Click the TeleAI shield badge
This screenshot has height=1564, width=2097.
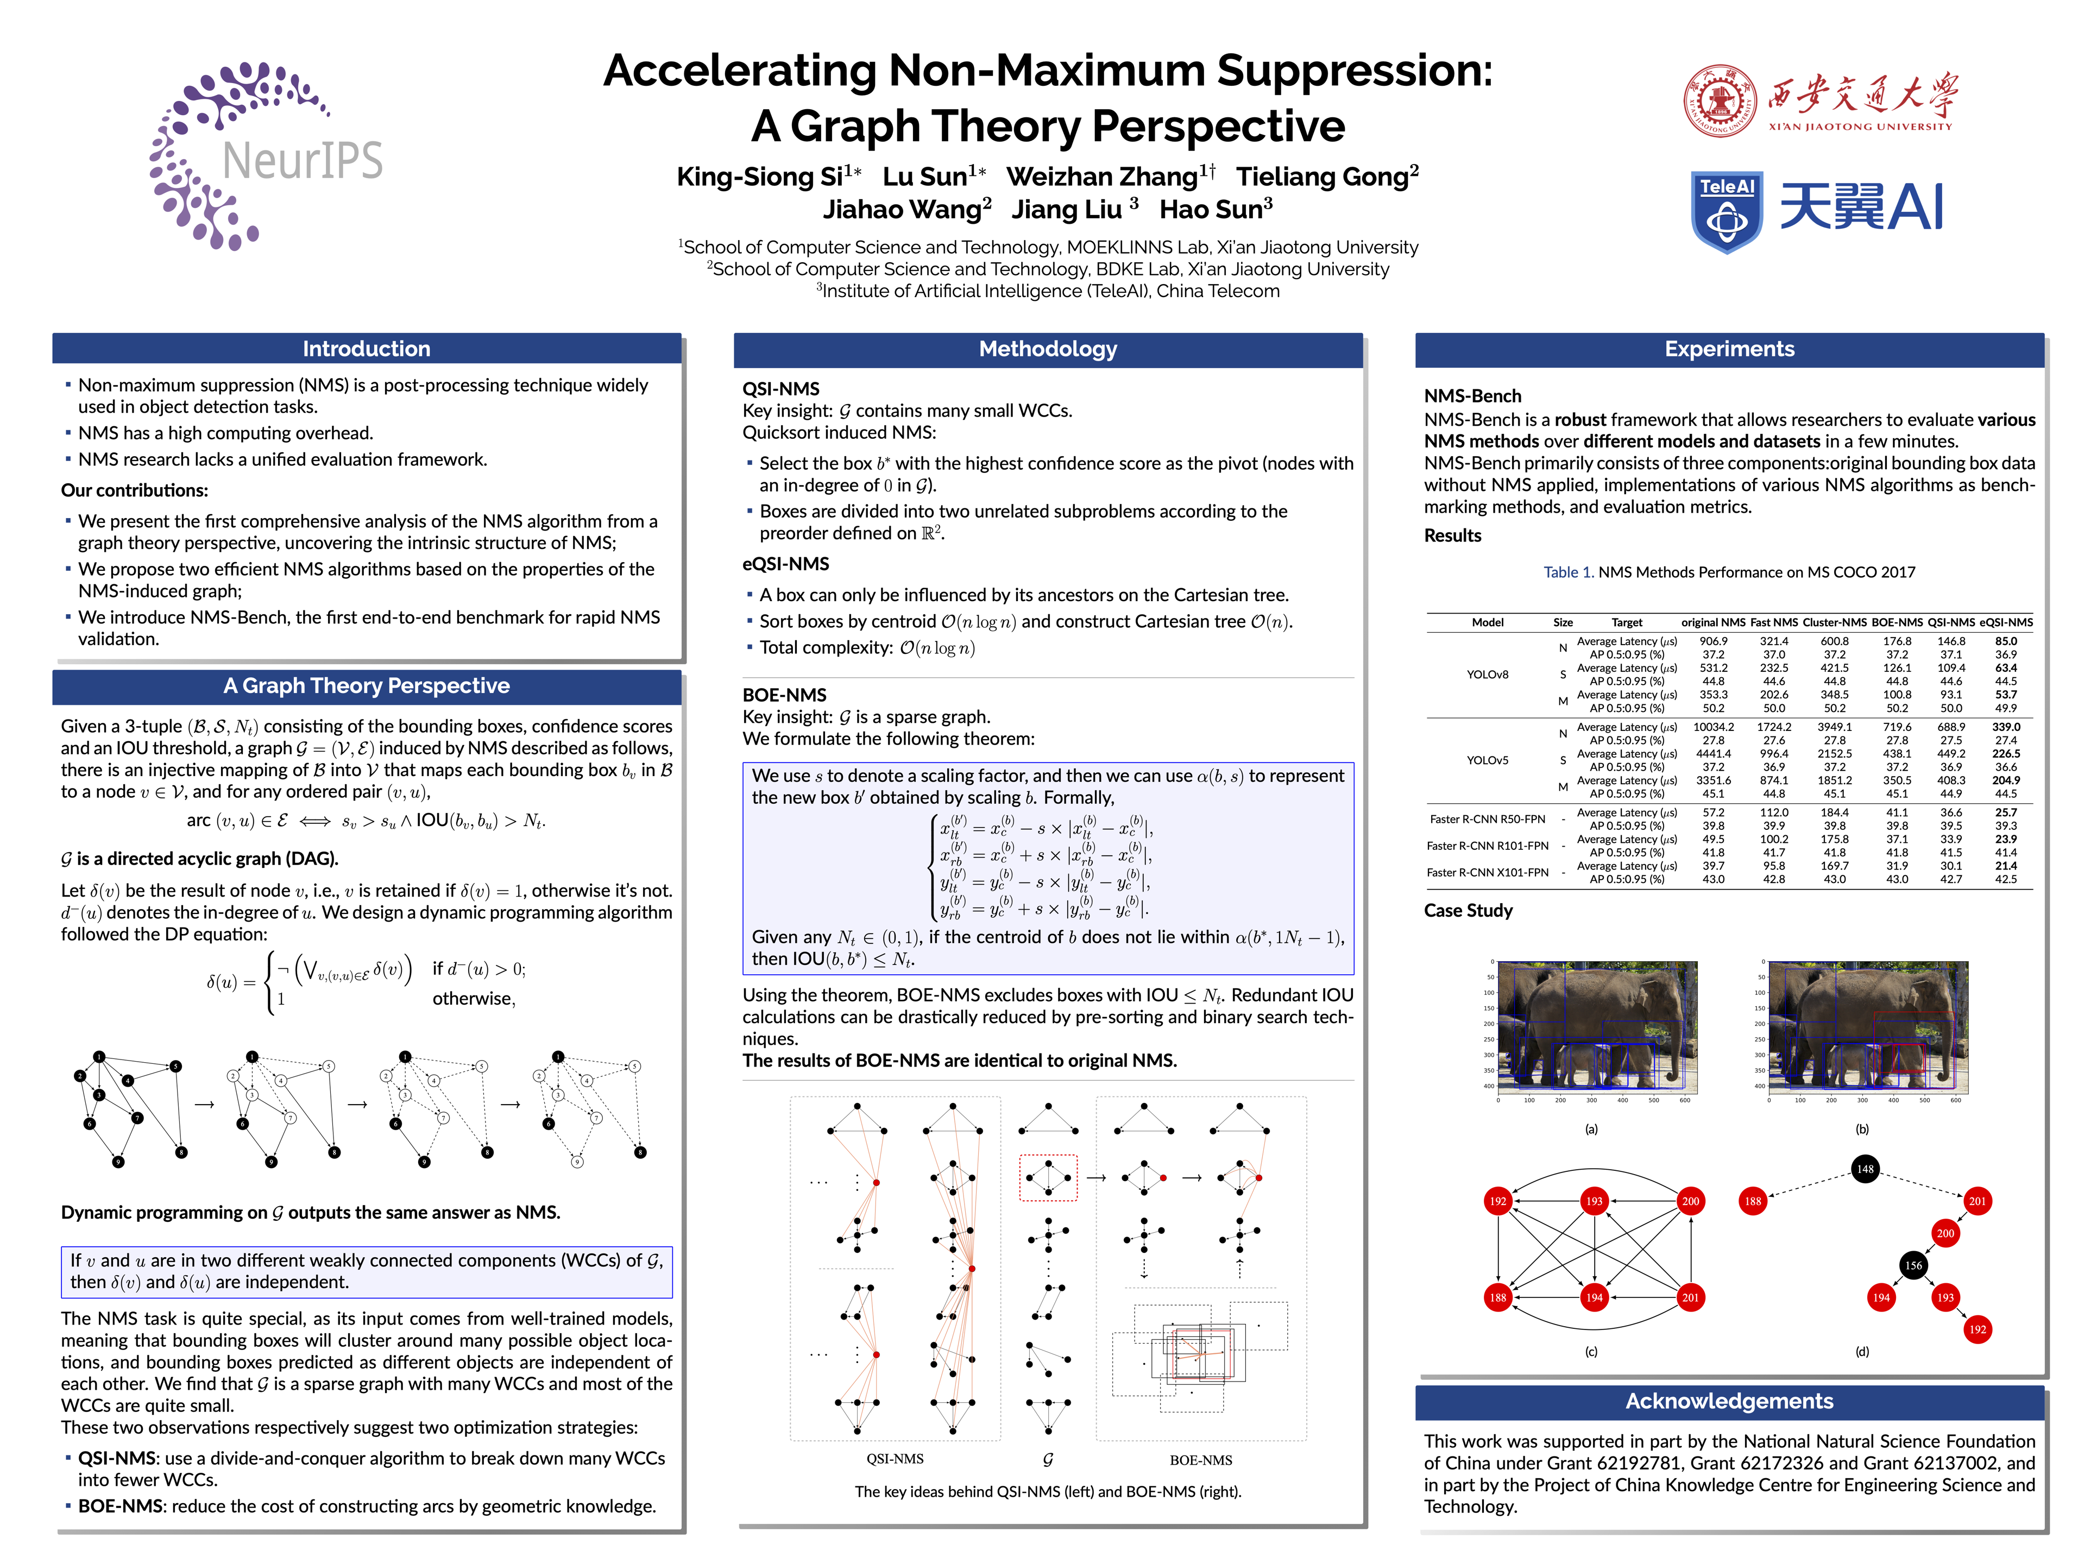click(1726, 211)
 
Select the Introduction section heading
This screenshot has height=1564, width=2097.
click(367, 349)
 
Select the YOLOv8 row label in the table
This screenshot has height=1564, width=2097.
click(1487, 674)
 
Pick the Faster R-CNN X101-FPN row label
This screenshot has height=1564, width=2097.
click(1487, 872)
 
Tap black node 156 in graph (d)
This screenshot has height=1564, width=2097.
click(1912, 1265)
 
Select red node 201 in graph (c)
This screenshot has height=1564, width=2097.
click(1690, 1297)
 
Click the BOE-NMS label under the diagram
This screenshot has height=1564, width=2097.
click(1200, 1460)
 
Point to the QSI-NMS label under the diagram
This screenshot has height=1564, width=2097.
click(895, 1459)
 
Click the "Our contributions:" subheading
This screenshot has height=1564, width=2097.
click(135, 490)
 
